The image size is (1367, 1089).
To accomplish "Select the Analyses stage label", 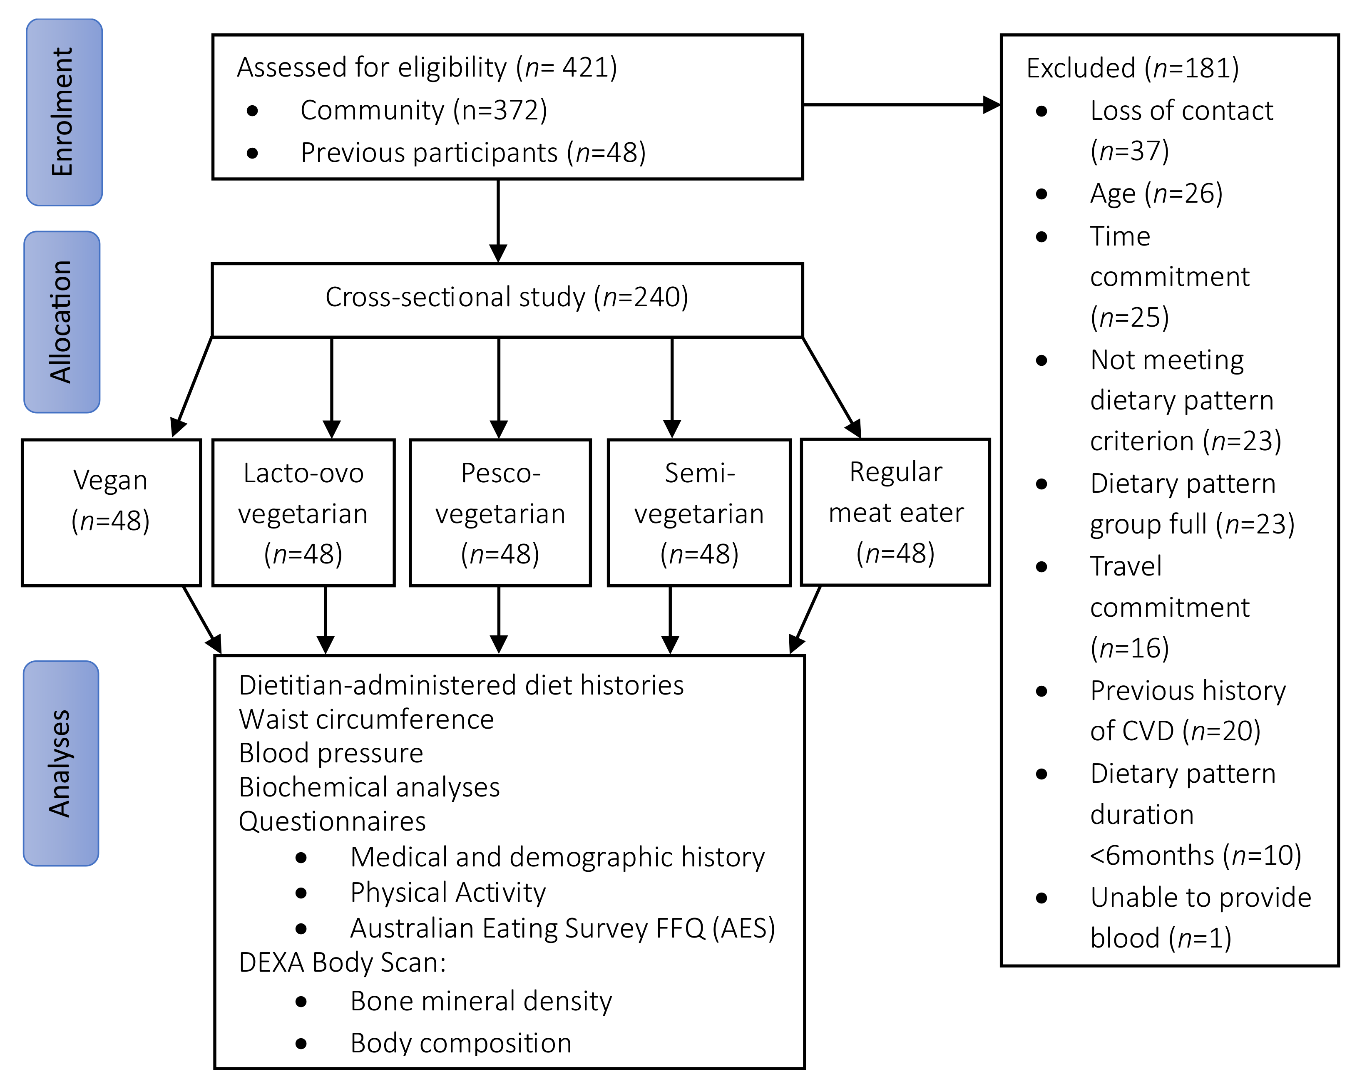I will click(x=61, y=763).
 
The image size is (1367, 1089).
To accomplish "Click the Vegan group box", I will click(x=111, y=512).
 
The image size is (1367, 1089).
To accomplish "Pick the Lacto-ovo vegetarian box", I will click(x=303, y=512).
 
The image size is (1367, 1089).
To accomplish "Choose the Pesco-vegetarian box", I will click(x=500, y=512).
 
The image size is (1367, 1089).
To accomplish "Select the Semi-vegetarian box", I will click(x=699, y=512).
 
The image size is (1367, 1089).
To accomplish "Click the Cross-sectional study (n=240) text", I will click(x=507, y=297).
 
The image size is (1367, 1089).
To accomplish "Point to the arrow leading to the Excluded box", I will click(x=900, y=104).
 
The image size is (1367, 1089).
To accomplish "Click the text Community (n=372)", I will click(x=423, y=110).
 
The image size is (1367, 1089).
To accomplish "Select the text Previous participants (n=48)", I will click(x=473, y=153).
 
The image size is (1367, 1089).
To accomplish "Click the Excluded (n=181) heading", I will click(x=1132, y=68).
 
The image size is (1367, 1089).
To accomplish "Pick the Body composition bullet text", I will click(x=461, y=1043).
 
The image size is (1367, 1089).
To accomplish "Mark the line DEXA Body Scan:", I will click(x=343, y=962).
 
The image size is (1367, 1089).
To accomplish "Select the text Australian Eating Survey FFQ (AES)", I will click(x=562, y=928).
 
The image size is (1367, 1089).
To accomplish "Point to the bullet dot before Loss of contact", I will click(x=1041, y=112).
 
